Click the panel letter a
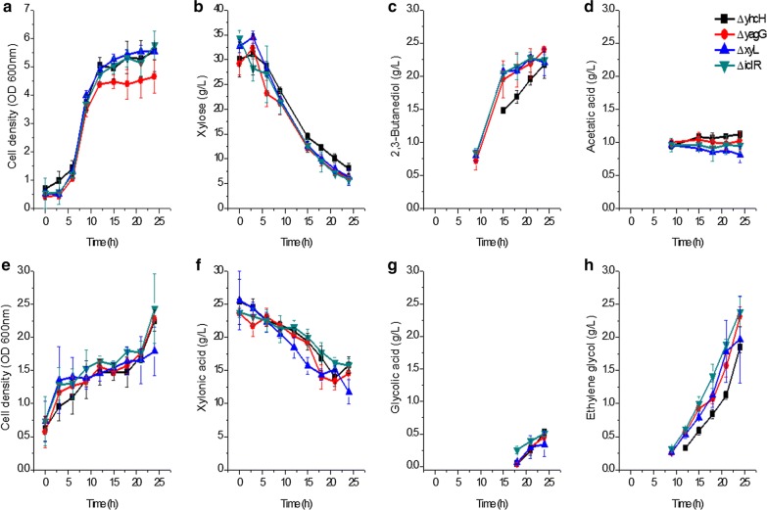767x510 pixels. [x=7, y=9]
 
